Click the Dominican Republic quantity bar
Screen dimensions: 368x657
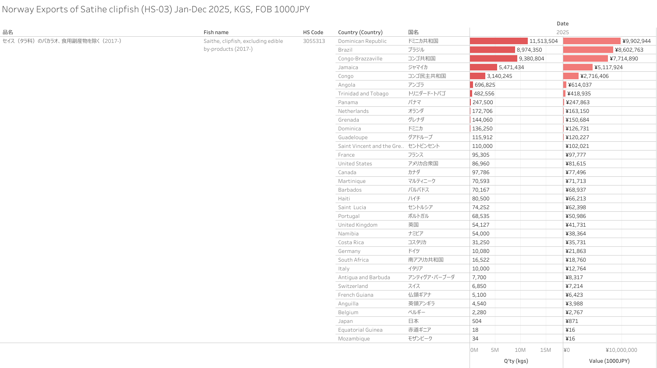[498, 41]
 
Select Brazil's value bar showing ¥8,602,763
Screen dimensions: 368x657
[588, 50]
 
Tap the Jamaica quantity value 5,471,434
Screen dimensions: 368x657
[511, 67]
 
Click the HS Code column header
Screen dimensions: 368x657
[313, 32]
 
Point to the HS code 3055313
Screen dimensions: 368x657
[314, 41]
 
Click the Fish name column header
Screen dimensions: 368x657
[216, 32]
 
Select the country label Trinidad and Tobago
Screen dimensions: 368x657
[363, 94]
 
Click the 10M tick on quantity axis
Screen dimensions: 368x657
[520, 350]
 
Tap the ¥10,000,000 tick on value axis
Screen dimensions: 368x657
[621, 350]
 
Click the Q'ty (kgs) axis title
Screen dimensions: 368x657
[516, 361]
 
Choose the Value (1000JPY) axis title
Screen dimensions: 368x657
[609, 361]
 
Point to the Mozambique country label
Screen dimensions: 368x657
[354, 339]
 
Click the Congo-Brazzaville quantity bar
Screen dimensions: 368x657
[493, 59]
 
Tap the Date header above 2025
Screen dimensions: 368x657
[562, 24]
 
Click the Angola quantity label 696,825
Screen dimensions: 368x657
[485, 85]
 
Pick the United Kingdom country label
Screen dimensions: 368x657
[357, 225]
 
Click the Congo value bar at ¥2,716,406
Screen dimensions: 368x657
[571, 76]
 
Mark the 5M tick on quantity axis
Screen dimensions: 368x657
[495, 350]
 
